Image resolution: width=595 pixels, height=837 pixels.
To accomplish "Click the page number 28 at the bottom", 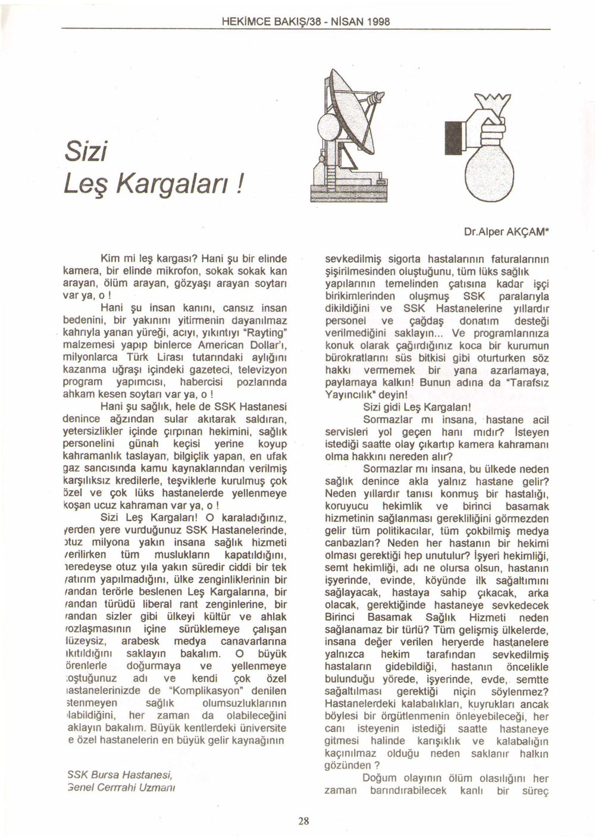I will [303, 821].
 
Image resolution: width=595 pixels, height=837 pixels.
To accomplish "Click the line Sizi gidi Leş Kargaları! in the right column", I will [416, 407].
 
